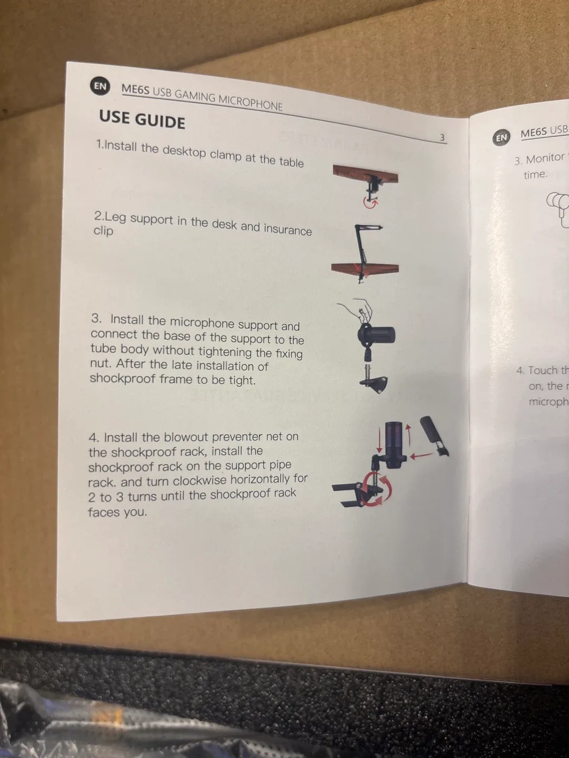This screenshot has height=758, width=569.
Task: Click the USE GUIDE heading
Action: click(x=142, y=119)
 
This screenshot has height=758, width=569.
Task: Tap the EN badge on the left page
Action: click(x=100, y=86)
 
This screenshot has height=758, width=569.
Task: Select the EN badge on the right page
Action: click(x=501, y=137)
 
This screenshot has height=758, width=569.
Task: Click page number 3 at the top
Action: click(x=442, y=137)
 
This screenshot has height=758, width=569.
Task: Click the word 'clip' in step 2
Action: click(x=103, y=231)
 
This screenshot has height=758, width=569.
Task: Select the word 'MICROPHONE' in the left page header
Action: click(x=250, y=102)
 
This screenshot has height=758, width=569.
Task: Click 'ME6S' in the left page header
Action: click(x=135, y=89)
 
